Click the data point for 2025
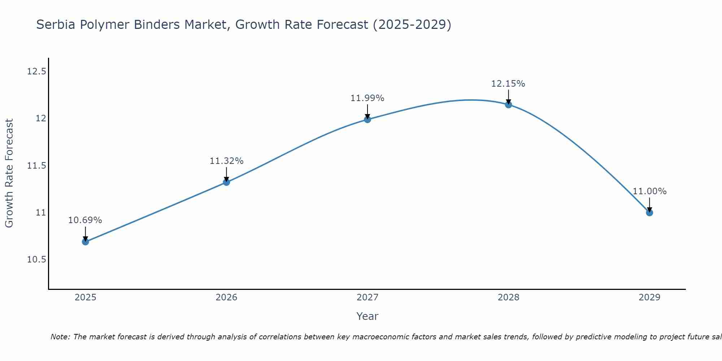pos(86,242)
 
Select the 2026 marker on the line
pos(226,182)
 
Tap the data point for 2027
pos(367,119)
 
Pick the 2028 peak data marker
pos(508,105)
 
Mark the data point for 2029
pos(649,213)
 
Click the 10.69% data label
pos(85,220)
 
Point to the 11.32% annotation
pos(226,161)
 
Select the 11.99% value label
pos(367,98)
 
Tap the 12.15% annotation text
pos(508,84)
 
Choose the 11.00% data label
pos(649,191)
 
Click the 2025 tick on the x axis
pos(86,297)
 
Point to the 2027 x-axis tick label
pos(367,297)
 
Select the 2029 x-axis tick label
pos(649,297)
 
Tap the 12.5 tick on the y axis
pos(37,71)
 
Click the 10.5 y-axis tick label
pos(37,260)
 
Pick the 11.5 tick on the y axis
pos(37,166)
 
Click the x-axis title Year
pos(367,316)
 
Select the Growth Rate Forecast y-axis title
pos(9,173)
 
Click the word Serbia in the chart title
pos(55,25)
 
